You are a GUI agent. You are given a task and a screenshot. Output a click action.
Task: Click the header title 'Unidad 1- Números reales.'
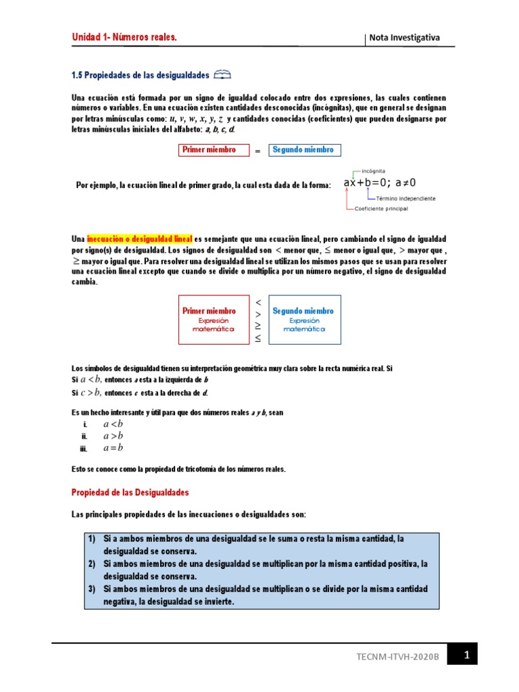point(124,38)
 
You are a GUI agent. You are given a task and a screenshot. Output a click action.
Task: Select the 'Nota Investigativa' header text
point(404,38)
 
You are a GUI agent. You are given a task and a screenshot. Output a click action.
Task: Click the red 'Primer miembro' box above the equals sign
point(212,150)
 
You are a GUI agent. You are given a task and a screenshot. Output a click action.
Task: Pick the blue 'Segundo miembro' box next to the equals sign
point(304,150)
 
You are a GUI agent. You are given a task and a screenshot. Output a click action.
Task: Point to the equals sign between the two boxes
point(257,151)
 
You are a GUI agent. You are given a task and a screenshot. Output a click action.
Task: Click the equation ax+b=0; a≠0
point(380,183)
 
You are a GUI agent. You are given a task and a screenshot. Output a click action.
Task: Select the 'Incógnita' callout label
point(374,172)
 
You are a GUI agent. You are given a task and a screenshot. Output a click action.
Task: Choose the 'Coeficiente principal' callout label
point(381,209)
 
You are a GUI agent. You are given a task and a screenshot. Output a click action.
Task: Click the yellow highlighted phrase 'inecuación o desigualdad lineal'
point(140,239)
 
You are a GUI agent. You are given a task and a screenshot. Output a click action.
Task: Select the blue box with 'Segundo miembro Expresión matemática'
point(303,320)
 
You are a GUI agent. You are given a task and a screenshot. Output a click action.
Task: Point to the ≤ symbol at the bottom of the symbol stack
point(257,337)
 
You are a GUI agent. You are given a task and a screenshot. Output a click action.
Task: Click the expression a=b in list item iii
point(113,448)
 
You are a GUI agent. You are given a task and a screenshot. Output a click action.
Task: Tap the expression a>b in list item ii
point(113,436)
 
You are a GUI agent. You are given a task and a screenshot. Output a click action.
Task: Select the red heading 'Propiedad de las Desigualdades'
point(130,493)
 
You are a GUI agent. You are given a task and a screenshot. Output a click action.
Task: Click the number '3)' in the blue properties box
point(93,589)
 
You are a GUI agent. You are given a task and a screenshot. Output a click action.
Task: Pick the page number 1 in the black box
point(466,654)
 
